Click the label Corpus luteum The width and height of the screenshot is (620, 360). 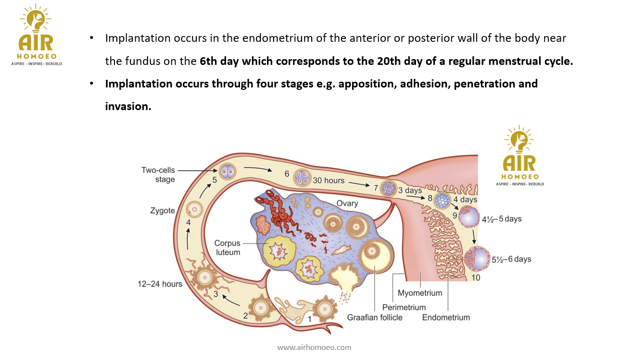[227, 248]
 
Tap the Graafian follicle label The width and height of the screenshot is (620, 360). [375, 317]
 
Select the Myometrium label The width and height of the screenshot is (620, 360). [419, 293]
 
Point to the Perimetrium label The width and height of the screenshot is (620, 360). [404, 307]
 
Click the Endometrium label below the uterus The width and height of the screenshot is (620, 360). [446, 317]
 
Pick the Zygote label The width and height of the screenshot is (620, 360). [162, 211]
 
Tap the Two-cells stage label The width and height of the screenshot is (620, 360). [158, 175]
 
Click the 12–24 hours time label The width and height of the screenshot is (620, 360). [160, 284]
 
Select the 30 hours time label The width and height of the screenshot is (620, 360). [329, 180]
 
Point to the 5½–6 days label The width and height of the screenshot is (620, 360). [511, 259]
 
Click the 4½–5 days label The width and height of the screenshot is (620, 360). [502, 219]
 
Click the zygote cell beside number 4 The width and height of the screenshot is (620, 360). [195, 208]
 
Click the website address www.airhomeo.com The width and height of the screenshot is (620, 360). [314, 347]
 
